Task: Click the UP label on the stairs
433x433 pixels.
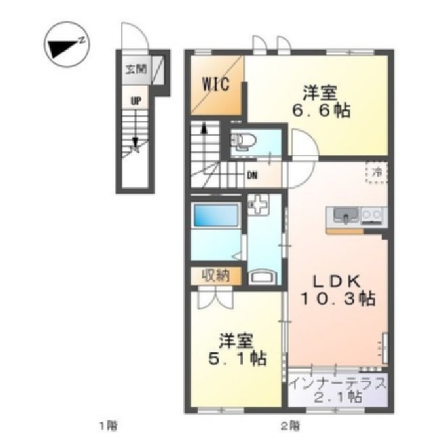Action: (136, 100)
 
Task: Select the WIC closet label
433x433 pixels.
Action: (214, 85)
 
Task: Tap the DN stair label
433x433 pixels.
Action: (252, 177)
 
